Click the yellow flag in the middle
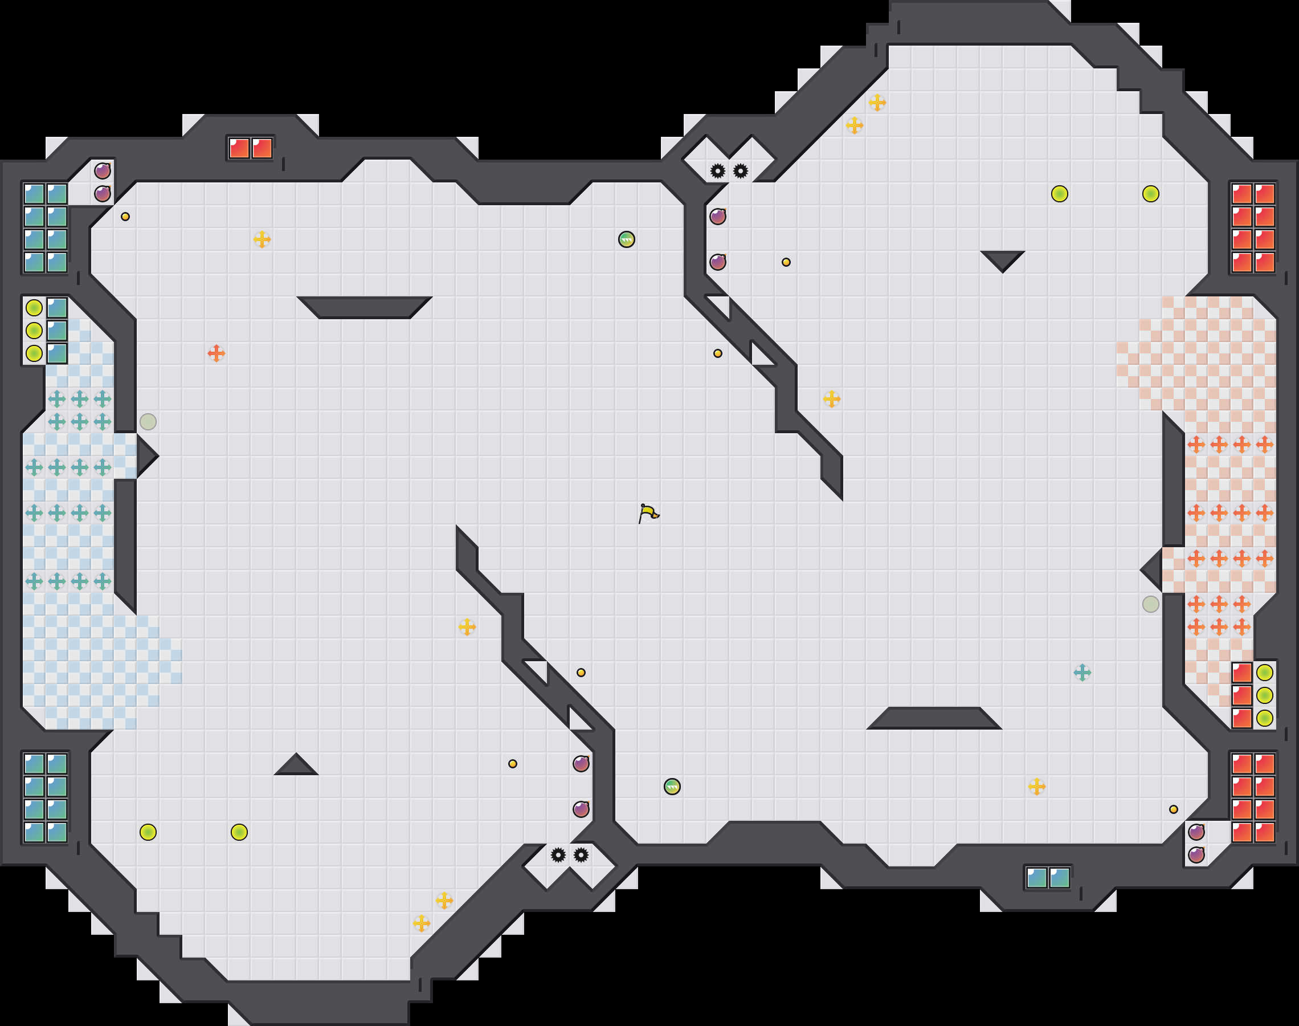pos(648,514)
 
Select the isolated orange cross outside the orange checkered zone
pos(216,353)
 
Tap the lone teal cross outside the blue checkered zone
pos(1082,672)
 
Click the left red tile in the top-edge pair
pos(239,148)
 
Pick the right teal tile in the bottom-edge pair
pos(1060,878)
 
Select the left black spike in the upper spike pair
pos(717,171)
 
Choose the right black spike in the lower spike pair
pos(581,855)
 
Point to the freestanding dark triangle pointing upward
pos(296,766)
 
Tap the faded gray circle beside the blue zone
pos(148,422)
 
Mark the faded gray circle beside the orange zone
pos(1151,604)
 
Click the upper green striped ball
pos(626,239)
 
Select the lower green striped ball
pos(672,787)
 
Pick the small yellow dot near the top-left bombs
pos(125,216)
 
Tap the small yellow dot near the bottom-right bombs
pos(1174,809)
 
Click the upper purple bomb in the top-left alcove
pos(102,171)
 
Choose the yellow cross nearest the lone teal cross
pos(1037,787)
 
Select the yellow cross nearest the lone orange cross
pos(262,239)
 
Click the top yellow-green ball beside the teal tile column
pos(34,308)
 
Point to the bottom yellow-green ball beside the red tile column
pos(1265,718)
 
